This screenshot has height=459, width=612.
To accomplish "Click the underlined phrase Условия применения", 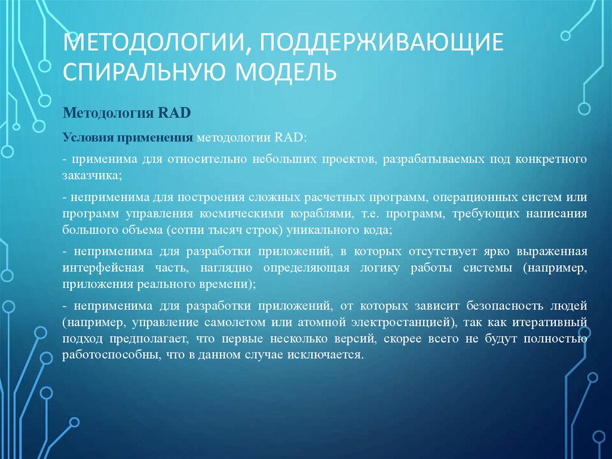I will tap(127, 138).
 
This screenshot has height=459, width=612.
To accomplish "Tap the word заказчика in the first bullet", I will tap(91, 176).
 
